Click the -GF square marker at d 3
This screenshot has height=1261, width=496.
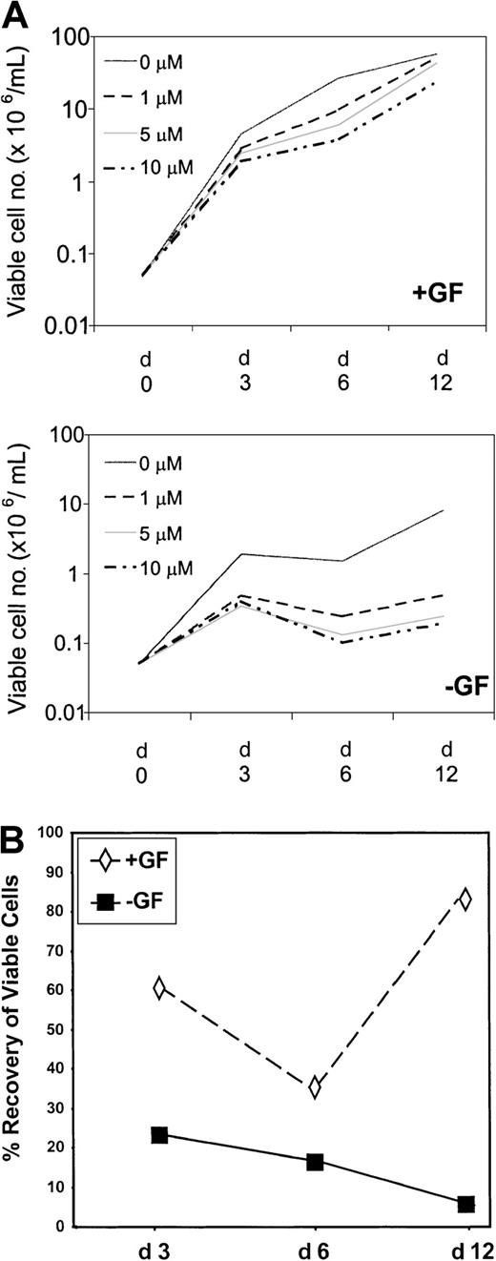[x=159, y=1135]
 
